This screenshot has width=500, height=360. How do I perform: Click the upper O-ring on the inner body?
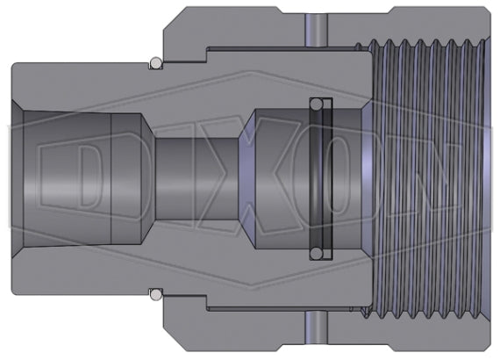point(155,63)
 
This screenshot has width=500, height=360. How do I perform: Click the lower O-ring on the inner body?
point(155,293)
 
